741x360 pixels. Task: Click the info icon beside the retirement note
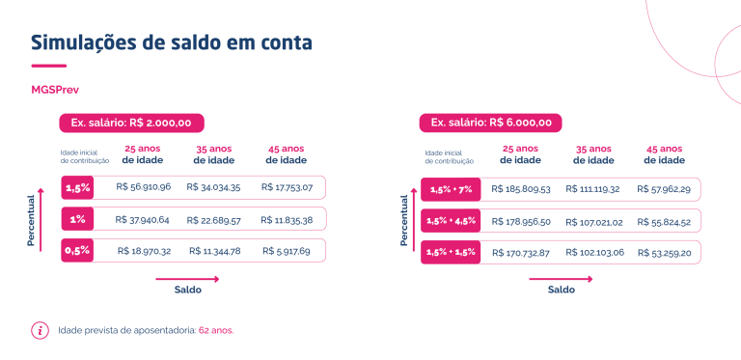click(40, 331)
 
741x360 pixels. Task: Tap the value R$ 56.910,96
click(143, 187)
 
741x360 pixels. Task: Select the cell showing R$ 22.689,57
click(213, 220)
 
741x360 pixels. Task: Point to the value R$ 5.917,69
click(287, 251)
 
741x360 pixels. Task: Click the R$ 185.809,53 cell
click(521, 189)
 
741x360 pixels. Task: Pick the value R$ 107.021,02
click(595, 222)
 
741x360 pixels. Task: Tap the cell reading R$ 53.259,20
click(664, 253)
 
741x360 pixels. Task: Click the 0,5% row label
click(77, 251)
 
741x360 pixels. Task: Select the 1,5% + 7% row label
click(451, 189)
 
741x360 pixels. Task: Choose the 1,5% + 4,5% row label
click(451, 221)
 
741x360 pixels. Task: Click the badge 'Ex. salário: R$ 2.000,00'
click(131, 123)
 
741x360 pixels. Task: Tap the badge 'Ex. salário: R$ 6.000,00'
click(490, 123)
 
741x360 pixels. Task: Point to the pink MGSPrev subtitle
click(55, 90)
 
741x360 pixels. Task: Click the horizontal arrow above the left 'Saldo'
click(187, 279)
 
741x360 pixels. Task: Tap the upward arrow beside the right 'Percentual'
click(415, 220)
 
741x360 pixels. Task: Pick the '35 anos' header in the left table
click(213, 150)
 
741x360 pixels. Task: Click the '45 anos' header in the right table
click(664, 150)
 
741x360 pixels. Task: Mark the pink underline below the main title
click(48, 66)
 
